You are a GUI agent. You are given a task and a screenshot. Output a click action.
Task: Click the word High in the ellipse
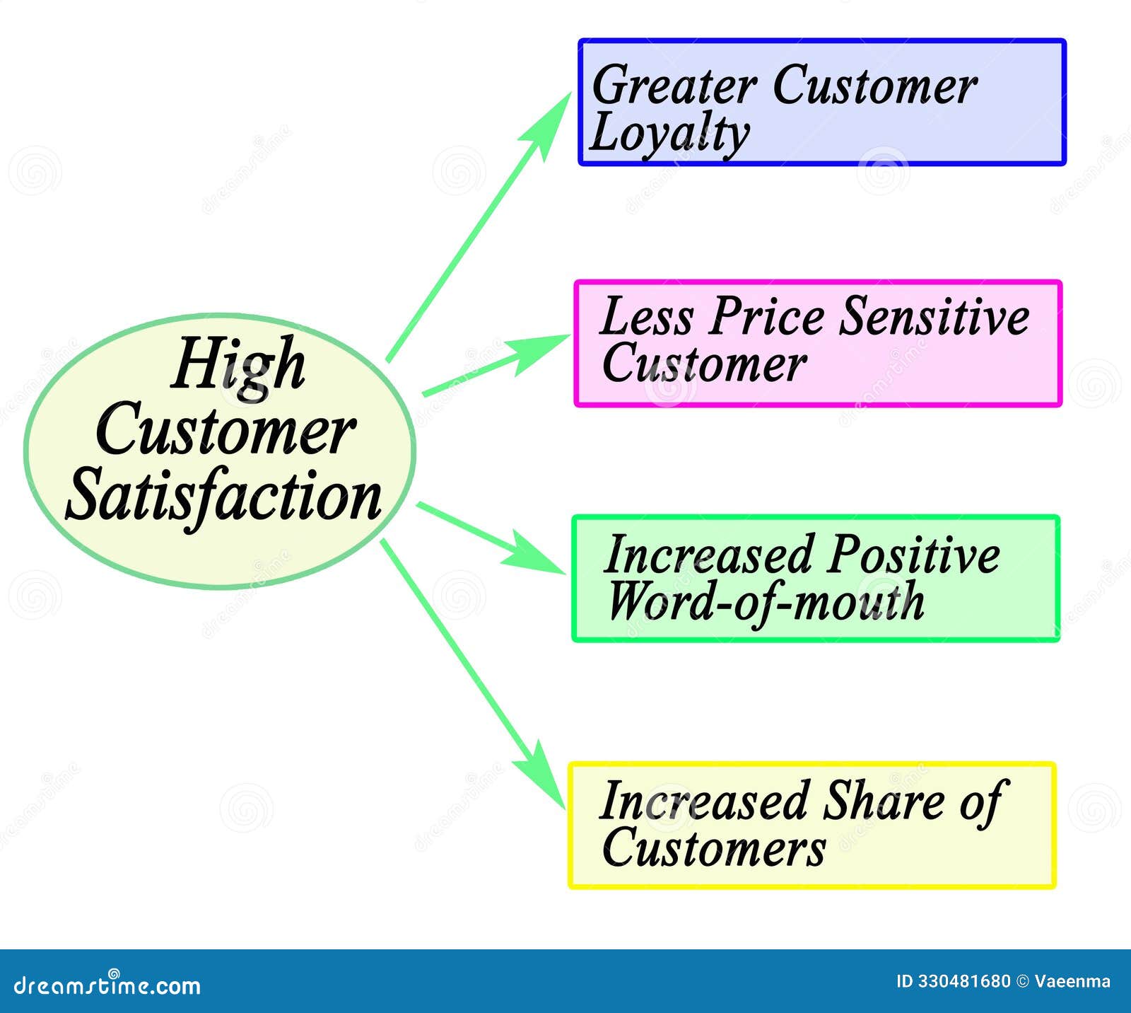pyautogui.click(x=238, y=365)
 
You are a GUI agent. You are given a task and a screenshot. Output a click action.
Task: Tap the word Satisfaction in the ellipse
pyautogui.click(x=223, y=497)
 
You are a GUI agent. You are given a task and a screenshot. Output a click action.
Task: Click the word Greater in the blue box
pyautogui.click(x=674, y=86)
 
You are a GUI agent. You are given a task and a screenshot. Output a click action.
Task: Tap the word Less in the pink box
pyautogui.click(x=645, y=316)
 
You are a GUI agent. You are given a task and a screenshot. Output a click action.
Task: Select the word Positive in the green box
pyautogui.click(x=913, y=555)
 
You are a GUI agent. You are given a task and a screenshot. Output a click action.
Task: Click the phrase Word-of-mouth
pyautogui.click(x=766, y=602)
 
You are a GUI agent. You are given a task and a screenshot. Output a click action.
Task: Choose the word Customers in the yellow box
pyautogui.click(x=713, y=848)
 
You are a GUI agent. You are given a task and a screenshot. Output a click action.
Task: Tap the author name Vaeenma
pyautogui.click(x=1072, y=982)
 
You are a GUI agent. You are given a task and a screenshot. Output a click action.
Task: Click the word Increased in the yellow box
pyautogui.click(x=703, y=801)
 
